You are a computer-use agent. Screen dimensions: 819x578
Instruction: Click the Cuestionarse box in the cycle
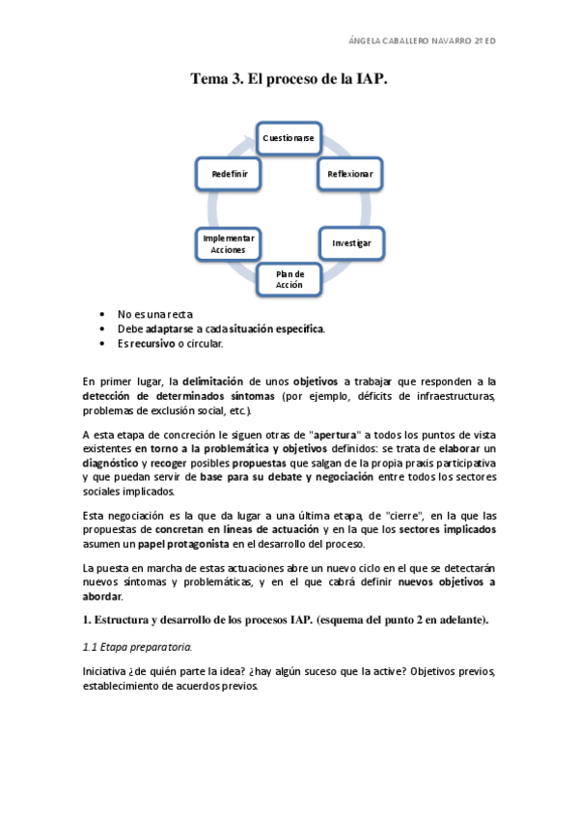click(289, 138)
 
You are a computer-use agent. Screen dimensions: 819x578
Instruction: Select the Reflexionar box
click(344, 174)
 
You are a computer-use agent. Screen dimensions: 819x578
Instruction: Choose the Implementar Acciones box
click(229, 243)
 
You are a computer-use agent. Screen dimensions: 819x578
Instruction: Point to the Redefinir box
click(231, 174)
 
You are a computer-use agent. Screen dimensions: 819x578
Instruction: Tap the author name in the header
click(422, 41)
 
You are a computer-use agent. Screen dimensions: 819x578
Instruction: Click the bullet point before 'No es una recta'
click(102, 314)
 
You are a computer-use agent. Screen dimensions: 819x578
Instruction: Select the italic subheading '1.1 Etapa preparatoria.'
click(137, 647)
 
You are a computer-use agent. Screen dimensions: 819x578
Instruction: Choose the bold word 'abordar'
click(102, 596)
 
